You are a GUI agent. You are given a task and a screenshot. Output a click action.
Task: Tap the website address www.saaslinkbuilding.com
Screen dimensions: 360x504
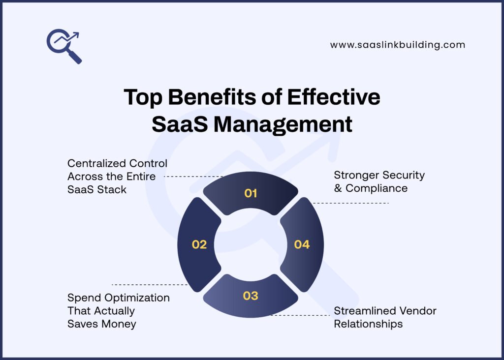point(397,45)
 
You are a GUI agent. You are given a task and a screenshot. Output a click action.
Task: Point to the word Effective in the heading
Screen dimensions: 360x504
point(334,97)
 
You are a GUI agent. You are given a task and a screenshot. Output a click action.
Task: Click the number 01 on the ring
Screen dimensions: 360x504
point(251,193)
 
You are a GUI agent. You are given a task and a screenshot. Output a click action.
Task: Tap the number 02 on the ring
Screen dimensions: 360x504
point(199,244)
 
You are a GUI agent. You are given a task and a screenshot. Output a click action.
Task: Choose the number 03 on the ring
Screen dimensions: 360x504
point(251,296)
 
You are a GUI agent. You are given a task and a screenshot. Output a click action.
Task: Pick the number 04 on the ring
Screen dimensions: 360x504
point(302,244)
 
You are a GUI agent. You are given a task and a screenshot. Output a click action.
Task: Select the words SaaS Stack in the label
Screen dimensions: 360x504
point(97,190)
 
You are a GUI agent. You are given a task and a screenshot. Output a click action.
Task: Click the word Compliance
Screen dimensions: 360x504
point(377,188)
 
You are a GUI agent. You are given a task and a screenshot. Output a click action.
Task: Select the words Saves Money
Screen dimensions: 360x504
point(101,324)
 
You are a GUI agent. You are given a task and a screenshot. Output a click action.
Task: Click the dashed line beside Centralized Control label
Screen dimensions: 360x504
point(193,176)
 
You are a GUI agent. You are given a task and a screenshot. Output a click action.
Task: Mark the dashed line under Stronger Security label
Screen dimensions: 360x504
point(350,203)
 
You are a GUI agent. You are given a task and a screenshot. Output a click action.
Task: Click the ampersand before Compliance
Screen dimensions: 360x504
point(338,188)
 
